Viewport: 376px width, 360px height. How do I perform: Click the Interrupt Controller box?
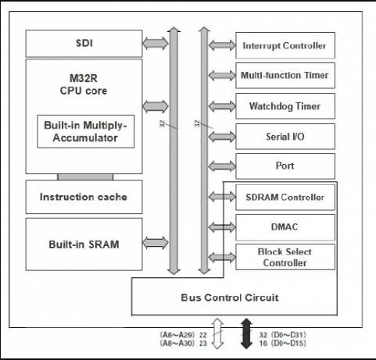click(285, 45)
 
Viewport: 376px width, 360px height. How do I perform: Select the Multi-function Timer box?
click(285, 75)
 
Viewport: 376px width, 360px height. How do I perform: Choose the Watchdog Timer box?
click(285, 105)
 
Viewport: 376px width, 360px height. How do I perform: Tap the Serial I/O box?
click(285, 136)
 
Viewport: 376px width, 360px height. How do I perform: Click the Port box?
click(285, 166)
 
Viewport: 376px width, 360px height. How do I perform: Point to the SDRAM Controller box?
click(285, 196)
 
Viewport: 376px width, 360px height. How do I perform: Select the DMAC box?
click(285, 226)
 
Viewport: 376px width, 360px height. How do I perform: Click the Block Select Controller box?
click(285, 256)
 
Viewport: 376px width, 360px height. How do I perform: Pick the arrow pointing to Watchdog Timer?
click(220, 105)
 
